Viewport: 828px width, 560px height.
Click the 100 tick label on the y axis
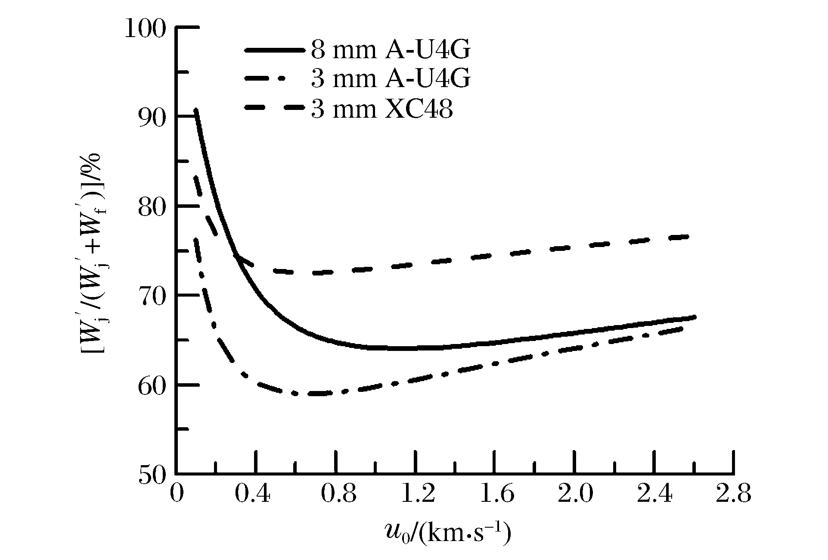(145, 28)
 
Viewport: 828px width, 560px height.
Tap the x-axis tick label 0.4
(253, 494)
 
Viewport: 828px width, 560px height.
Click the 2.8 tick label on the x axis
(733, 494)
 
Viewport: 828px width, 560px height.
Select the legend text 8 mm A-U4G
(390, 51)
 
